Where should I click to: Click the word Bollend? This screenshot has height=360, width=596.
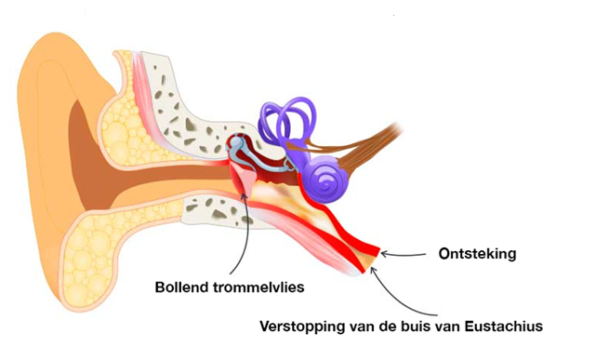pos(184,287)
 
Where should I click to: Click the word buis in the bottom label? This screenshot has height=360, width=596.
pos(416,327)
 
